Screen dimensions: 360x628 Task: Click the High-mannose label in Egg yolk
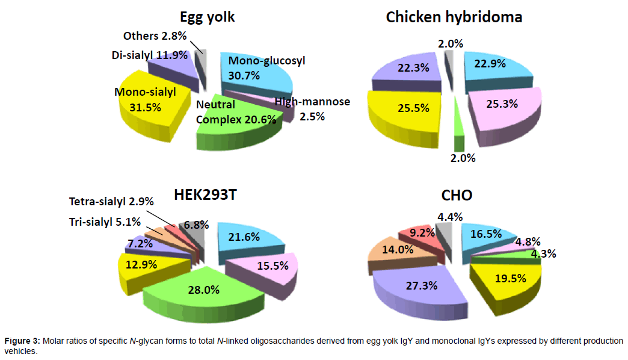pyautogui.click(x=312, y=102)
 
